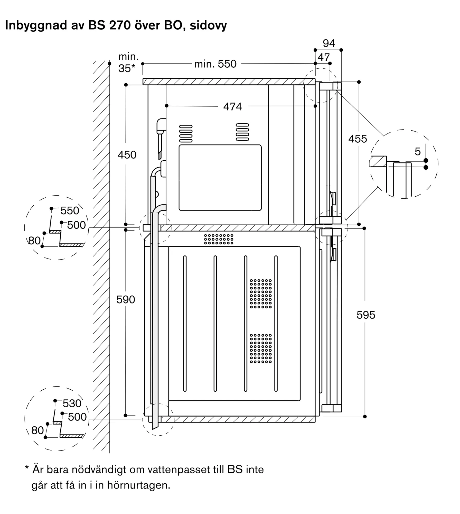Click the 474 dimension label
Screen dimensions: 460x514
(232, 106)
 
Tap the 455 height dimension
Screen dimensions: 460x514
(358, 139)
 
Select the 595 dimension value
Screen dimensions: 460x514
(366, 315)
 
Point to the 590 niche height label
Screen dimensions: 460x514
(126, 299)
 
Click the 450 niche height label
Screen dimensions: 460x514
(127, 155)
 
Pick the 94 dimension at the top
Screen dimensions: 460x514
(329, 43)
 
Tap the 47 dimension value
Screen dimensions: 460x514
(323, 57)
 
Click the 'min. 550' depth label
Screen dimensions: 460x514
(215, 64)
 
